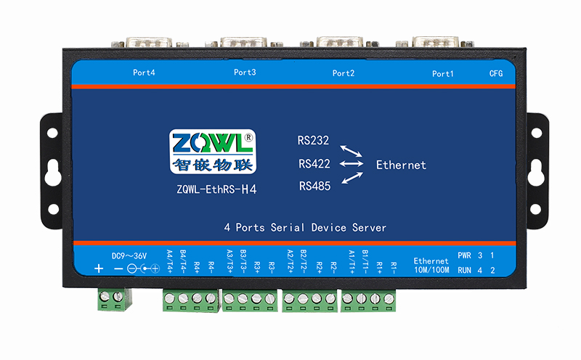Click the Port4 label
pyautogui.click(x=144, y=73)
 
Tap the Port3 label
pyautogui.click(x=245, y=73)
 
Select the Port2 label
pyautogui.click(x=343, y=73)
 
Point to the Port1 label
pyautogui.click(x=442, y=73)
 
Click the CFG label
pyautogui.click(x=496, y=73)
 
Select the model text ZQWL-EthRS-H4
pyautogui.click(x=217, y=191)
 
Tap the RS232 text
pyautogui.click(x=313, y=141)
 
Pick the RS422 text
pyautogui.click(x=314, y=164)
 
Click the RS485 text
pyautogui.click(x=314, y=187)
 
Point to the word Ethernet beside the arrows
pyautogui.click(x=401, y=165)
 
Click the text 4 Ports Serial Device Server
pyautogui.click(x=305, y=227)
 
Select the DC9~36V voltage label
pyautogui.click(x=129, y=255)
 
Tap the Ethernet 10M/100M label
pyautogui.click(x=431, y=265)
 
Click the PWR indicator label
pyautogui.click(x=465, y=255)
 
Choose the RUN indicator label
pyautogui.click(x=465, y=270)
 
